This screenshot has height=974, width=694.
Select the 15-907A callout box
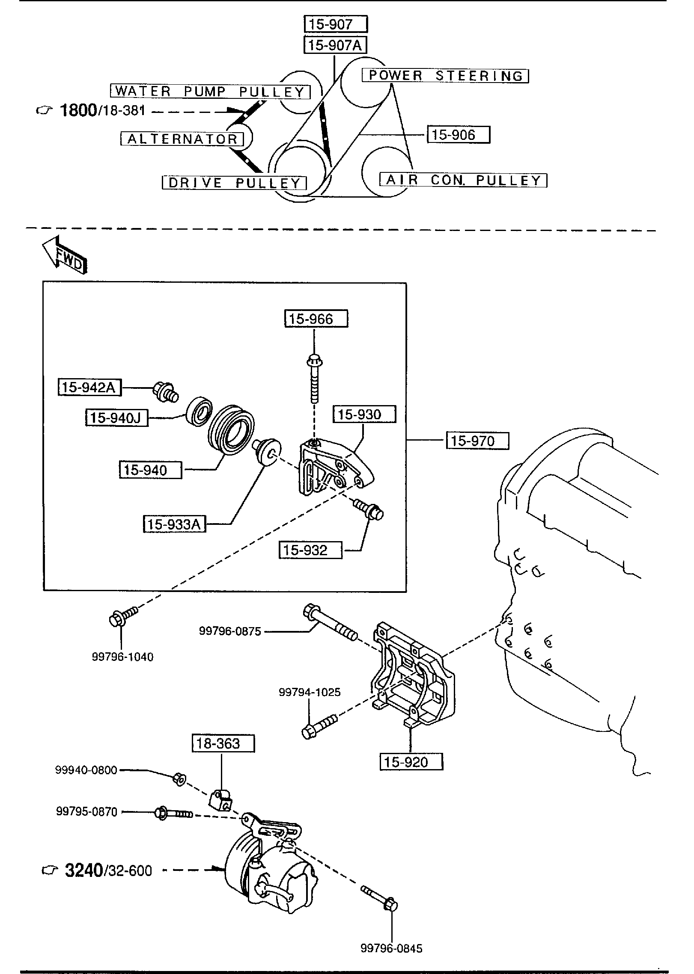pos(335,45)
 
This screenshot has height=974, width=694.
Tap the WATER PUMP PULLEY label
pos(210,91)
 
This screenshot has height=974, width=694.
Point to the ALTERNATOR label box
pos(182,139)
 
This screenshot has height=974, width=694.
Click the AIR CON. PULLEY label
pos(463,180)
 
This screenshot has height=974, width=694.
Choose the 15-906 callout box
pos(458,135)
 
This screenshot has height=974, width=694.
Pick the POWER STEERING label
pos(445,76)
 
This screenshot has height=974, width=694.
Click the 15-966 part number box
pos(316,319)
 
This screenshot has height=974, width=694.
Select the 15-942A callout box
pos(89,388)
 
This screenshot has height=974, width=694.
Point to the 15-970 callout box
pos(477,441)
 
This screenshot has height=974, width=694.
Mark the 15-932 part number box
pos(310,550)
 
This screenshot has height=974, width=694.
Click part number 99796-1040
pos(122,657)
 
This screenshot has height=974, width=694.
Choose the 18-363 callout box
pos(223,743)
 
